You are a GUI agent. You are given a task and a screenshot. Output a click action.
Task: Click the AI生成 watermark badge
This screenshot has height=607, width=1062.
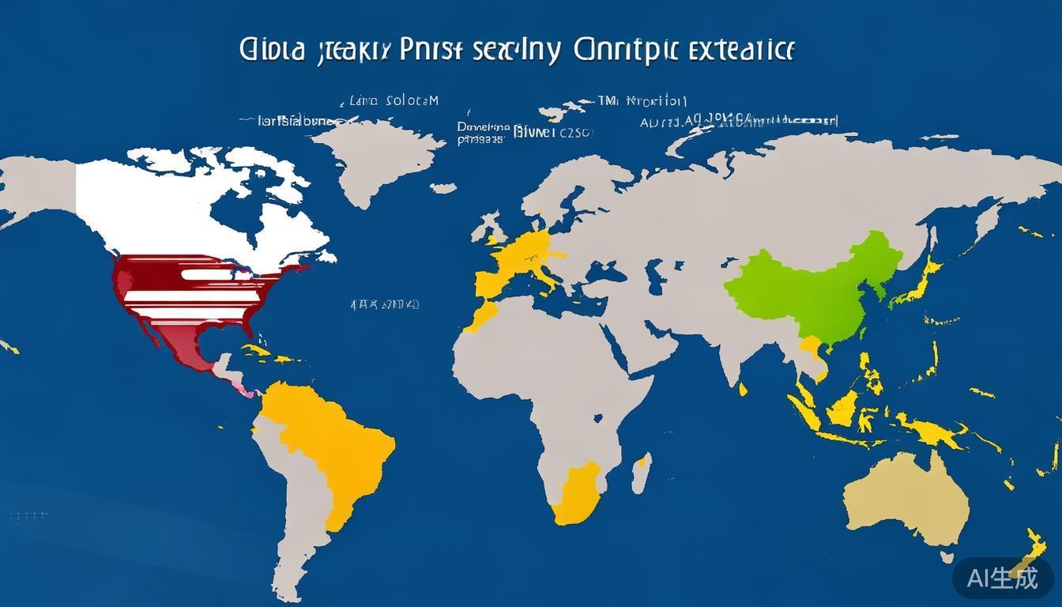(x=1003, y=578)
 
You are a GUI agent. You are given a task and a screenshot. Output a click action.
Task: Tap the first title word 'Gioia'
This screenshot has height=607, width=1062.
(x=272, y=50)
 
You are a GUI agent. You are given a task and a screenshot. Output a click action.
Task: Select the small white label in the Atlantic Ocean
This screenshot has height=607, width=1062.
(x=384, y=303)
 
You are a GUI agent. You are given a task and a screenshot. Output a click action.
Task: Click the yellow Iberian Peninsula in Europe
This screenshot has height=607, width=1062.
(x=487, y=281)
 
